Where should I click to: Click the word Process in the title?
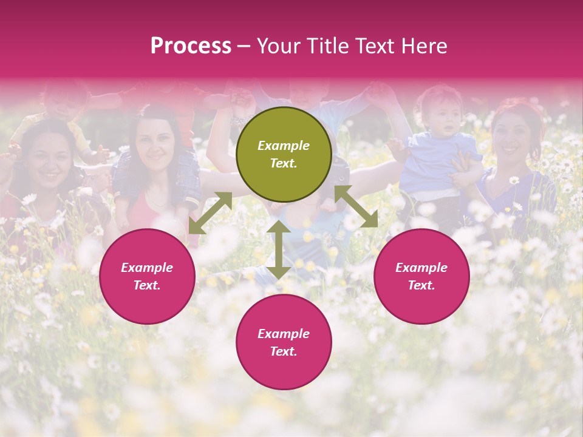coord(191,46)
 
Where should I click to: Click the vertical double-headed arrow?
coord(279,249)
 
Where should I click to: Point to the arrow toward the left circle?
coord(210,213)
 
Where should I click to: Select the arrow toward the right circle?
coord(356,206)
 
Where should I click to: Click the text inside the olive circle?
coord(284,154)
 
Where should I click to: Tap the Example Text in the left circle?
coord(147,276)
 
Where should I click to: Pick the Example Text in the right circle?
coord(421,276)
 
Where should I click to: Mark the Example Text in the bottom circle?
coord(284,342)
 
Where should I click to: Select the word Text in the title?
coord(376,46)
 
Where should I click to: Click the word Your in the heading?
coord(276,46)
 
